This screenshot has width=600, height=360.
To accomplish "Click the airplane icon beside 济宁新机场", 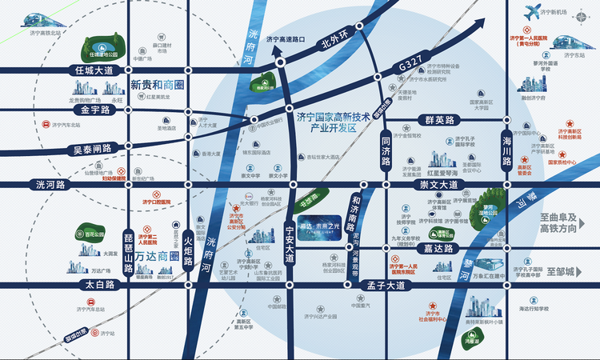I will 531,13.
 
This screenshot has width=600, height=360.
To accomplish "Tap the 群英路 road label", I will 439,120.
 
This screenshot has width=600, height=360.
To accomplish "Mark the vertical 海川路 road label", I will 506,150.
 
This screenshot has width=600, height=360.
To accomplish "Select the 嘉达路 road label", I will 439,249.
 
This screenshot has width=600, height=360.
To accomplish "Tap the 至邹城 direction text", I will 561,272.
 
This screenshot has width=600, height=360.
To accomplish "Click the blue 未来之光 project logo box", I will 334,227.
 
